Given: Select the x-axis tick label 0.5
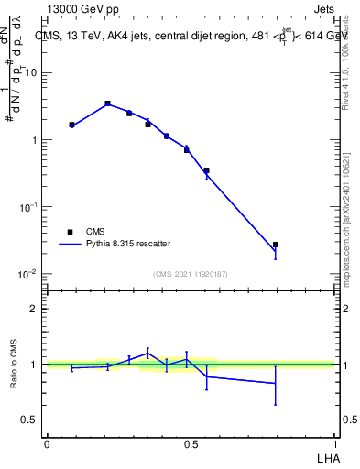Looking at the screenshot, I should pyautogui.click(x=191, y=442).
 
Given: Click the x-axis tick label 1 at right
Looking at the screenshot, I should pyautogui.click(x=333, y=442).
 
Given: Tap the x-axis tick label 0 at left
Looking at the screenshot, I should pyautogui.click(x=47, y=442).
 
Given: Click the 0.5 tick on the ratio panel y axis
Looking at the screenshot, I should pyautogui.click(x=32, y=420).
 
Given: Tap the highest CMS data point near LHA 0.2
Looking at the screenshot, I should pyautogui.click(x=107, y=104).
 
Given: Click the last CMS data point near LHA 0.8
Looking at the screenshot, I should pyautogui.click(x=275, y=245).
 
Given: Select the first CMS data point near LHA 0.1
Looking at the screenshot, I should pyautogui.click(x=71, y=125).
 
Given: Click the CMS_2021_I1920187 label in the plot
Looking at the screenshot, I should pyautogui.click(x=191, y=274).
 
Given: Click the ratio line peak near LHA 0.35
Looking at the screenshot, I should pyautogui.click(x=147, y=353).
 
